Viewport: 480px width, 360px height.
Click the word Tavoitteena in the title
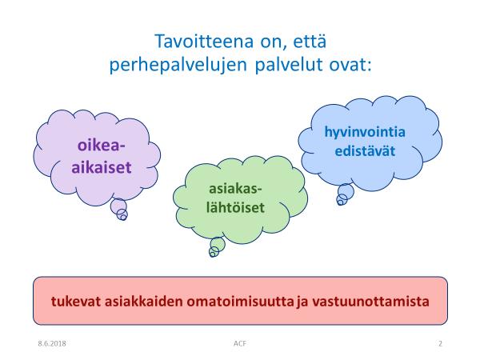(x=204, y=42)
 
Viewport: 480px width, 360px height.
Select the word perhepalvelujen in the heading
(x=178, y=66)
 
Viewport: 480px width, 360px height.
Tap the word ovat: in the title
(x=350, y=65)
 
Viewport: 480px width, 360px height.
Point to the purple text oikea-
(x=102, y=145)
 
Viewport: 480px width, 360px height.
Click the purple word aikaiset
(x=102, y=167)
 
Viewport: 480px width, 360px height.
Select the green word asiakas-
(x=235, y=189)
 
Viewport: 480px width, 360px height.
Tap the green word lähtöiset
(x=235, y=207)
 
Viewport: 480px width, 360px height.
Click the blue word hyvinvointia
(x=365, y=133)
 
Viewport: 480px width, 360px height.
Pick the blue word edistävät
(x=365, y=151)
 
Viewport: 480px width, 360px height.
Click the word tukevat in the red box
(x=76, y=302)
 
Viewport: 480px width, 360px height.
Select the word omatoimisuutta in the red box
(x=240, y=302)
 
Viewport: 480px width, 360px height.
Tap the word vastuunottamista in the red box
(x=370, y=302)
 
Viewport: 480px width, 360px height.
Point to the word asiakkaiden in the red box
(x=143, y=302)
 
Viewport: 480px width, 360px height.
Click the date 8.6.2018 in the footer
(x=52, y=343)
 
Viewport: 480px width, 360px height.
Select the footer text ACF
(x=240, y=343)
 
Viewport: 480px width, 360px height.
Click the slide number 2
(x=440, y=343)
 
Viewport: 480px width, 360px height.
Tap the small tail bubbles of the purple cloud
(x=119, y=210)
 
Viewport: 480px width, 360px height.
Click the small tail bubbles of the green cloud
(x=217, y=247)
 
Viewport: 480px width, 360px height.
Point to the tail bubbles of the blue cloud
(x=345, y=194)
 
